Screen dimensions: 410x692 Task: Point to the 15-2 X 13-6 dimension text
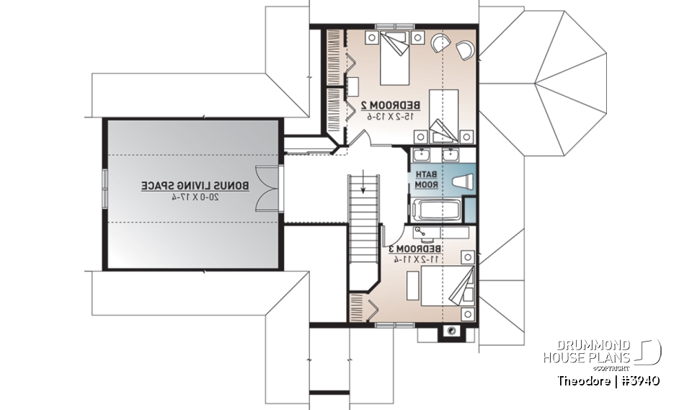(393, 116)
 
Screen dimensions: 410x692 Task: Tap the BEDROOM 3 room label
(416, 249)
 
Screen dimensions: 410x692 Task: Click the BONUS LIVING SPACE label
(195, 185)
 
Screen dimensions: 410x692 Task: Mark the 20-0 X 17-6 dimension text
(195, 196)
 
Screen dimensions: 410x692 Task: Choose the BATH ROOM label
(425, 180)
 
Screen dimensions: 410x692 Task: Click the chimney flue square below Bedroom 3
(451, 331)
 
